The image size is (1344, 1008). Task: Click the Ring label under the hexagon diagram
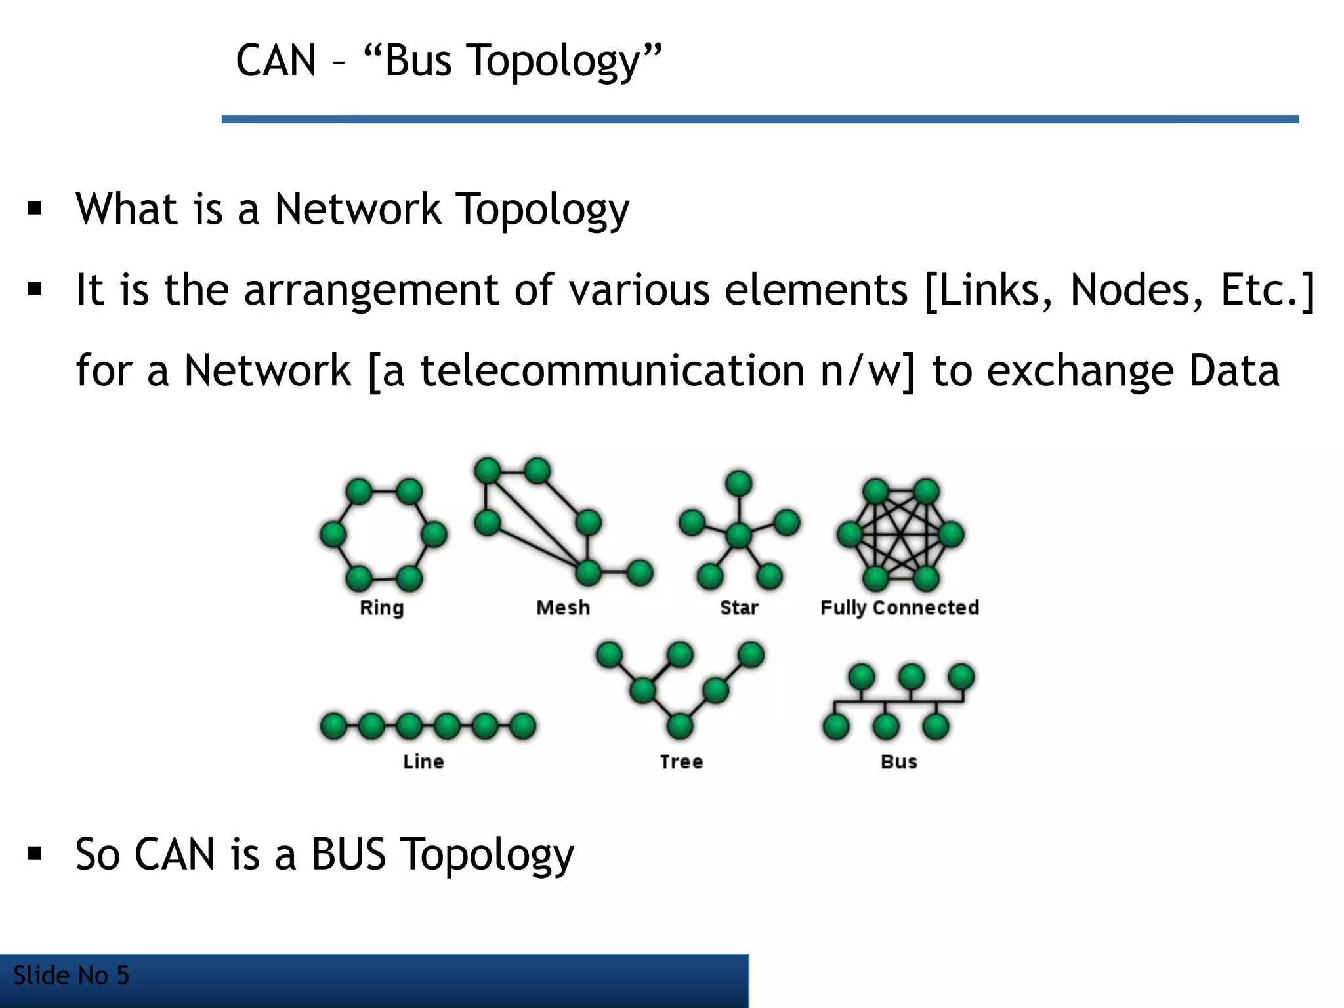(x=381, y=608)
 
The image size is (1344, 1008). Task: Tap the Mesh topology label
(x=563, y=608)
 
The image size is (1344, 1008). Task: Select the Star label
(x=739, y=608)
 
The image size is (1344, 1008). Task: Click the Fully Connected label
(x=900, y=608)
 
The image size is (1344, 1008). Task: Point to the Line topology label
(x=423, y=761)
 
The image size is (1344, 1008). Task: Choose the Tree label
(x=681, y=761)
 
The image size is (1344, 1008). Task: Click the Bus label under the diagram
(x=899, y=761)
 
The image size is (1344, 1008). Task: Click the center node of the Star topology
(x=739, y=535)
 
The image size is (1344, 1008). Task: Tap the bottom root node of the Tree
(x=680, y=726)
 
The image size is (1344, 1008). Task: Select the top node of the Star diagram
(x=739, y=484)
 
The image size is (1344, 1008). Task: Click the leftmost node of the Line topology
(x=333, y=726)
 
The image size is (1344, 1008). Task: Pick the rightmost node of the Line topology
(x=523, y=726)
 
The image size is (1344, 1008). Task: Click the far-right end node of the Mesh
(x=639, y=572)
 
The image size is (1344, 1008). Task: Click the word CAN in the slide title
(x=276, y=60)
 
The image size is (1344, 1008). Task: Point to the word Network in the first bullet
(x=358, y=209)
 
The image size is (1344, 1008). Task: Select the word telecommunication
(x=612, y=370)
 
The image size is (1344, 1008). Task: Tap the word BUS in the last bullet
(x=348, y=854)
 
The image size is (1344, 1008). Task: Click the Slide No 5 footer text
(x=71, y=976)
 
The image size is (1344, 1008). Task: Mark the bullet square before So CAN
(x=35, y=853)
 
